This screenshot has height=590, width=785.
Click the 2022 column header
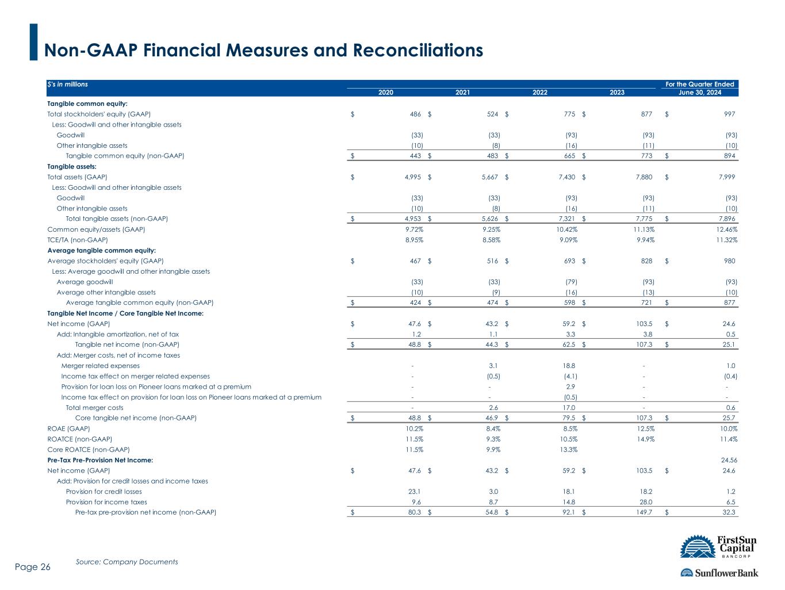coord(539,92)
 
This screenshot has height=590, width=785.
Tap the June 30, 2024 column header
coord(699,92)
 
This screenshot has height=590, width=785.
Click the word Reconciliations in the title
coord(418,50)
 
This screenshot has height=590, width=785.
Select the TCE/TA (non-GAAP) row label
coord(78,240)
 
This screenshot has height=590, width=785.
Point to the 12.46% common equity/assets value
coord(727,229)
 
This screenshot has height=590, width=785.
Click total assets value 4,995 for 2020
coord(413,177)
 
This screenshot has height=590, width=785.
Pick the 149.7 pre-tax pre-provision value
coord(644,512)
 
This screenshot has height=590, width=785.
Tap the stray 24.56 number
coord(729,460)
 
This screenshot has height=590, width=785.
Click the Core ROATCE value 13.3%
coord(568,450)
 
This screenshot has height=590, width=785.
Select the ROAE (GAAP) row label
coord(68,429)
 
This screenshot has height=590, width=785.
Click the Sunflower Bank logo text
coord(726,573)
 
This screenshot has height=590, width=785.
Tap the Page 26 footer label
coord(33,567)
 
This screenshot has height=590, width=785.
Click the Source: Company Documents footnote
coord(127,562)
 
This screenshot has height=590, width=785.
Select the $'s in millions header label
coord(68,85)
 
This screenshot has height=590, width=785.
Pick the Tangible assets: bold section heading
coord(72,167)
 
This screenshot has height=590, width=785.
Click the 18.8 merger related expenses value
coord(569,366)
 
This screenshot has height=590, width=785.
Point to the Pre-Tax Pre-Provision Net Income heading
coord(100,460)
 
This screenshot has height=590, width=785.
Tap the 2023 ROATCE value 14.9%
coord(645,439)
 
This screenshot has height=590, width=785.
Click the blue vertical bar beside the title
coord(33,42)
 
